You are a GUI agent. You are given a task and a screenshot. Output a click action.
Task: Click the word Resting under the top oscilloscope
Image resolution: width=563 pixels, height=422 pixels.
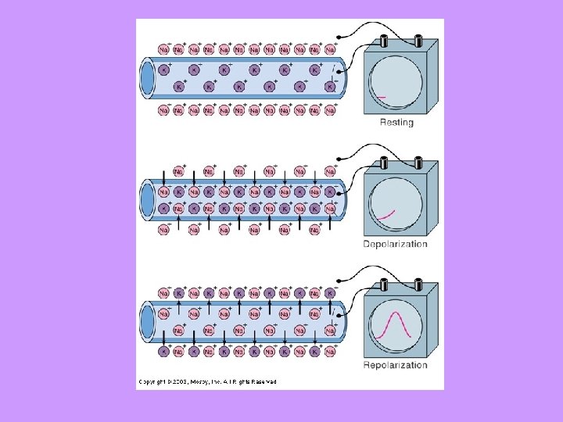pos(396,123)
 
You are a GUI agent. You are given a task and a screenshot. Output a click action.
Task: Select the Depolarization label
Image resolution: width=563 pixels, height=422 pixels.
pos(396,244)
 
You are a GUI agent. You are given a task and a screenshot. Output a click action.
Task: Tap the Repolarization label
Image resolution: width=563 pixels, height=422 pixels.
pos(396,365)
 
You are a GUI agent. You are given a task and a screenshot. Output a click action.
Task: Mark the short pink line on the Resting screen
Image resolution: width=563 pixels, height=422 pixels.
pos(380,97)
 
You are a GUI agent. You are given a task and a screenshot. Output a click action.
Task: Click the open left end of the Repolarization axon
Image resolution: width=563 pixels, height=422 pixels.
pos(148,320)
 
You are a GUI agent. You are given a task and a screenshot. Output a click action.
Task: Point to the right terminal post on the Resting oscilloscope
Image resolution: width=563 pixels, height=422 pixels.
pos(418,41)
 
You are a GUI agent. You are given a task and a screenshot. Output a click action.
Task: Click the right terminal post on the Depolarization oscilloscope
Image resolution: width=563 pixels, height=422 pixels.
pos(418,163)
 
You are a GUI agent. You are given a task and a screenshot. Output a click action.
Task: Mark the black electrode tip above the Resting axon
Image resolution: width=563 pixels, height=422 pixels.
pos(338,38)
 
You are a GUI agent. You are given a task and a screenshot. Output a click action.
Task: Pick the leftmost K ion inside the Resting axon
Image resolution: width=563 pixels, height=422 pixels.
pos(163,70)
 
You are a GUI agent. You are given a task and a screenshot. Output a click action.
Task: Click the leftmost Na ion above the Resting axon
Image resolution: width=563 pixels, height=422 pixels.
pos(163,49)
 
